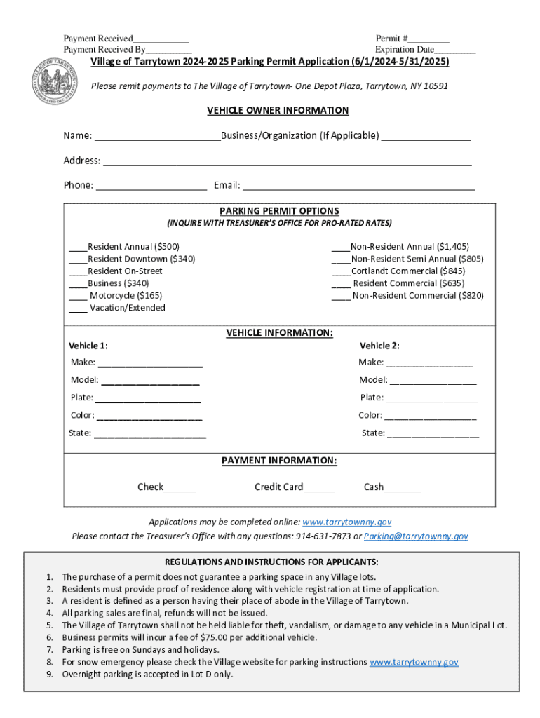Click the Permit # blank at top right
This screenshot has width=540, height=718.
[x=429, y=39]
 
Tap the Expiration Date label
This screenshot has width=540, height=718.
[x=404, y=50]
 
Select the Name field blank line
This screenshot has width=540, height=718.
[x=157, y=137]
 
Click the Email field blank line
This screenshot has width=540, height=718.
[x=358, y=187]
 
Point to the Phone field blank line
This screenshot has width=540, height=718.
[x=151, y=187]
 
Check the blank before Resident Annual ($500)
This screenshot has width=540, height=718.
[x=77, y=248]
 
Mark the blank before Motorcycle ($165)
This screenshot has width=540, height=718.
[x=77, y=297]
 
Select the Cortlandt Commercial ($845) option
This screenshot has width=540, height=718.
[x=407, y=271]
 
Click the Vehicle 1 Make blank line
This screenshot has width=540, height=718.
[x=150, y=364]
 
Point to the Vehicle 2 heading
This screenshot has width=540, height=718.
[x=379, y=346]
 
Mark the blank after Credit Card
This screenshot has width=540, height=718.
[x=319, y=489]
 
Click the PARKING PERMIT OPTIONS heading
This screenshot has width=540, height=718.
[x=279, y=211]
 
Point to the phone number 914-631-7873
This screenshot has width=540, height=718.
[x=323, y=536]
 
